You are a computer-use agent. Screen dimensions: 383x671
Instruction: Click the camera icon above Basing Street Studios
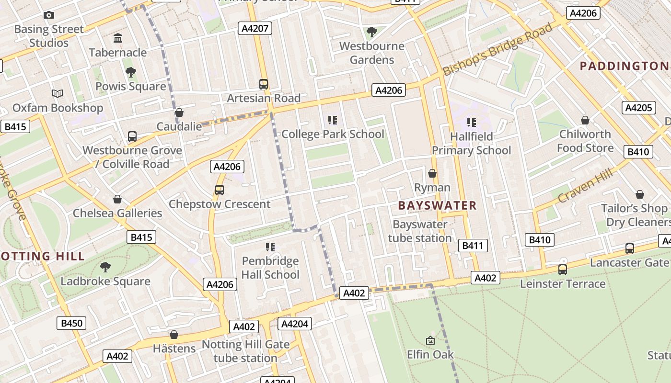[48, 15]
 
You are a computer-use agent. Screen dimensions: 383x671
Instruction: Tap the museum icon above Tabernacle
[117, 38]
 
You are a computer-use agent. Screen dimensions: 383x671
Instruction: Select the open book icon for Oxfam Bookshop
[58, 93]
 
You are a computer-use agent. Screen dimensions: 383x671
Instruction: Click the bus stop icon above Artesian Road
[264, 84]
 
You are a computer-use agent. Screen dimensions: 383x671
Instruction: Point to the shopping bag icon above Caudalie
[179, 113]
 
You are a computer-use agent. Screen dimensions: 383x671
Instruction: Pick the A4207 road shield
[255, 29]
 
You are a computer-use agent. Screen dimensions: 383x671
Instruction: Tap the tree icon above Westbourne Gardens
[371, 32]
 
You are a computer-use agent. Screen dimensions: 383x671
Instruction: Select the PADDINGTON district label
[624, 66]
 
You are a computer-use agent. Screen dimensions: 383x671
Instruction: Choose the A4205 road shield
[638, 108]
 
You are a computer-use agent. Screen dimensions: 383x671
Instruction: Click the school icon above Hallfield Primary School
[472, 123]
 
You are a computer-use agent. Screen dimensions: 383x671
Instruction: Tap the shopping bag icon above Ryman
[432, 173]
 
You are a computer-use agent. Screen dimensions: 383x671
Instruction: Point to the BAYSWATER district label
[437, 206]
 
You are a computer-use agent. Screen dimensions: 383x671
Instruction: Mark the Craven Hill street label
[586, 185]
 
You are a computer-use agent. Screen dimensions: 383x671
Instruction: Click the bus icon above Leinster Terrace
[563, 270]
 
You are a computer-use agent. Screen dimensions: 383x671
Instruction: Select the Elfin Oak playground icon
[430, 341]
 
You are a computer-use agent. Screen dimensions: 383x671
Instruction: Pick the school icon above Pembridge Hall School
[270, 247]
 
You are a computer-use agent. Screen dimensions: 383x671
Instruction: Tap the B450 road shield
[72, 323]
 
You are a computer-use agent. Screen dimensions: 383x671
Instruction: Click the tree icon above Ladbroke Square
[105, 267]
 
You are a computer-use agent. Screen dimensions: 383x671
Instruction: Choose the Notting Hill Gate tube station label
[245, 351]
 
